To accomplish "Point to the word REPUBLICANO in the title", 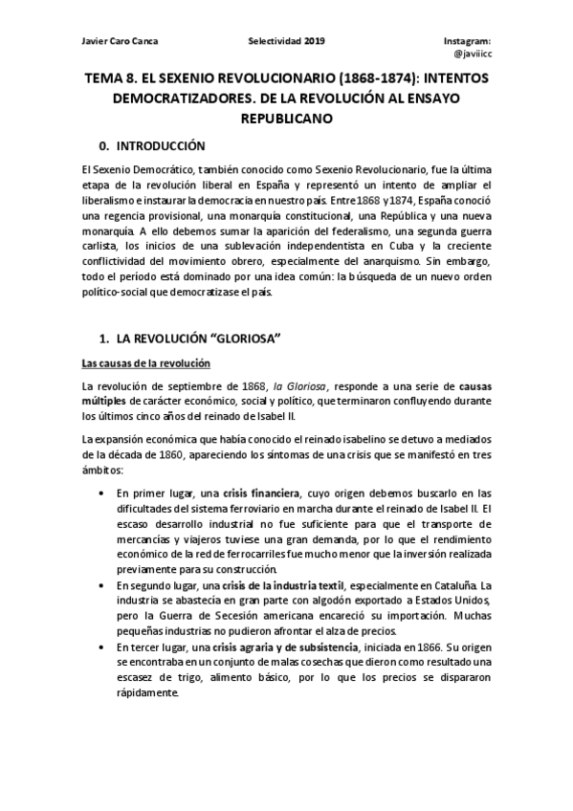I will click(x=287, y=121).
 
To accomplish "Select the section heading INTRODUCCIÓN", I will click(x=160, y=146).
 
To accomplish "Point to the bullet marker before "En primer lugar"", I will click(x=102, y=493).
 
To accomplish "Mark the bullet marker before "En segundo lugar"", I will click(x=102, y=583).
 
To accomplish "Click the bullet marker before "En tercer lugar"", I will click(x=102, y=647).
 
